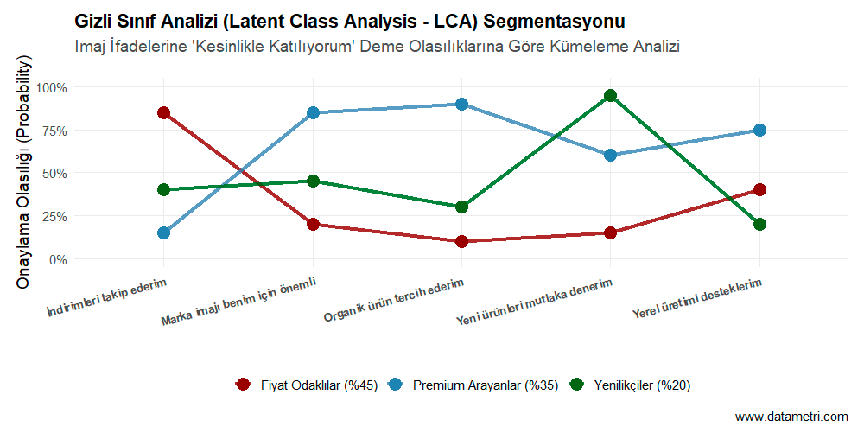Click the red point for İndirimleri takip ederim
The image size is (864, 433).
pos(163,112)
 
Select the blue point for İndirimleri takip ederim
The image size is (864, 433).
pos(163,232)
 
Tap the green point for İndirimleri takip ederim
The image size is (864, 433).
pos(163,189)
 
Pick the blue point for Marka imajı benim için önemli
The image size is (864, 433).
pos(313,112)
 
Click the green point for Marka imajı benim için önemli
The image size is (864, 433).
pos(313,181)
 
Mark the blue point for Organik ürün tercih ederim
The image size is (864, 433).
pos(461,104)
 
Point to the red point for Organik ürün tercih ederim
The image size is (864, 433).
pos(461,241)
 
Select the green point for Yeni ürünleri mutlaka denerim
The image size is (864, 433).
pos(610,95)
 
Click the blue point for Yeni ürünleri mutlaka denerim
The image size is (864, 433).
pos(610,155)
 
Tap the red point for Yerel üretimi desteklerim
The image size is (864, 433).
pos(759,189)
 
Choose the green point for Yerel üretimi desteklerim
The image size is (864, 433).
pos(759,224)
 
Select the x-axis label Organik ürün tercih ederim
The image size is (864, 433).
pos(394,300)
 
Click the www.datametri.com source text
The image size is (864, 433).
pos(791,417)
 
